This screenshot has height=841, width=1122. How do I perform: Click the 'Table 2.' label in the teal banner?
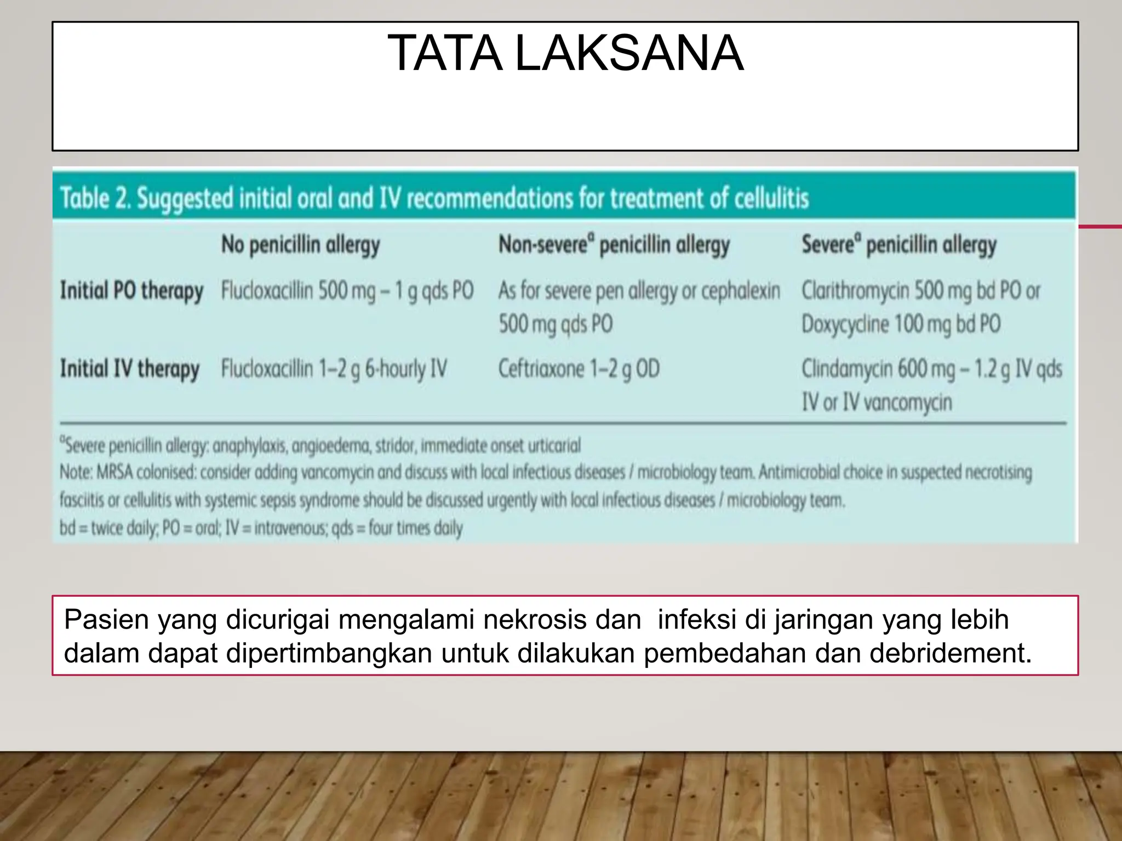click(x=95, y=198)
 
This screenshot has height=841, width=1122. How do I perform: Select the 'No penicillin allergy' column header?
click(x=300, y=245)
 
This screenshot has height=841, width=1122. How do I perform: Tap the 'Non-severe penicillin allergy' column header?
click(x=614, y=245)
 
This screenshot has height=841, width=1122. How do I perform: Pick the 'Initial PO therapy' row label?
click(x=131, y=291)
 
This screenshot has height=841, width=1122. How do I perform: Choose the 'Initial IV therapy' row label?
click(x=130, y=369)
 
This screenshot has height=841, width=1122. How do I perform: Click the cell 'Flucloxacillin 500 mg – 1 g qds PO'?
click(x=347, y=291)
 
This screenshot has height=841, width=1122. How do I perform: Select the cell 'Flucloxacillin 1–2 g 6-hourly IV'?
click(x=334, y=369)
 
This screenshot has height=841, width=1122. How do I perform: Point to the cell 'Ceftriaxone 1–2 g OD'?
click(x=579, y=369)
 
